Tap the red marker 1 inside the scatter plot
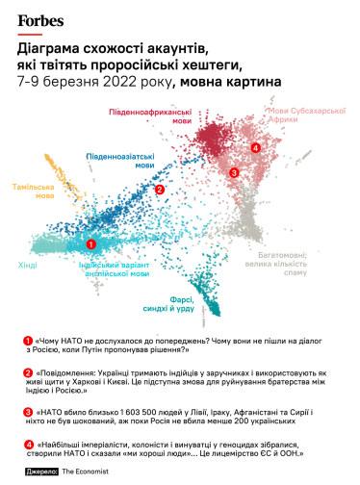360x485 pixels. pos(91,244)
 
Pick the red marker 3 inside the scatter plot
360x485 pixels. pos(235,172)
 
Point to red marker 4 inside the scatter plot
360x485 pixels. pos(254,147)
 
